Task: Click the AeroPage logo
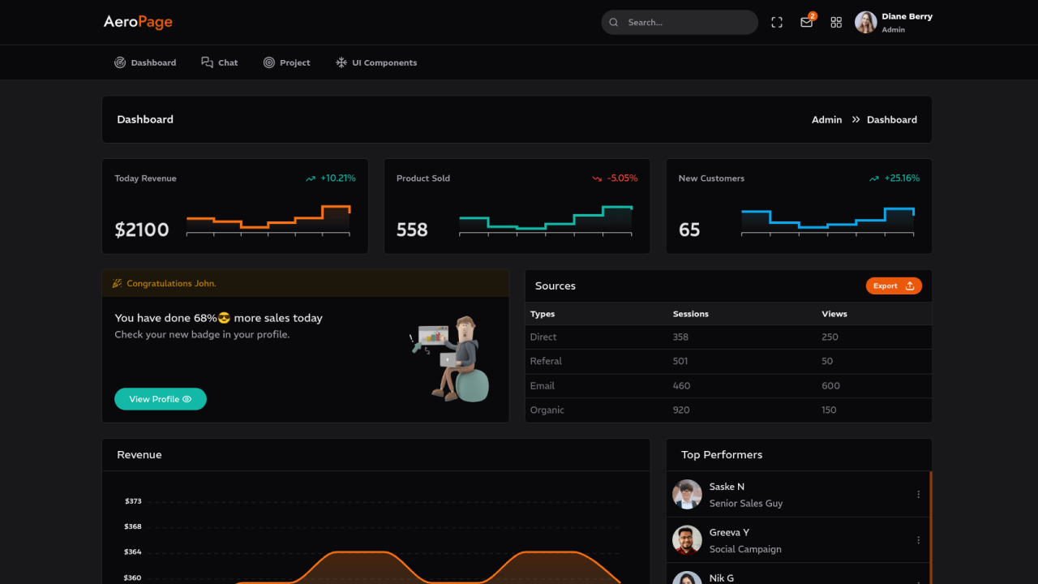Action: [x=138, y=22]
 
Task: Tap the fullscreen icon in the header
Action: [x=777, y=23]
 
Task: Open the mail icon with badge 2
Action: [x=806, y=23]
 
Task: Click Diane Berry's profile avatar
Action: [x=865, y=23]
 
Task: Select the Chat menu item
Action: [x=220, y=62]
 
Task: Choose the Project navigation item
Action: [x=287, y=62]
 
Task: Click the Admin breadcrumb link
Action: [x=826, y=120]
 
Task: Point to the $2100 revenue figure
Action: [x=142, y=230]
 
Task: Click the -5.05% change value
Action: [x=622, y=178]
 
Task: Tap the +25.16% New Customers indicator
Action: [x=902, y=178]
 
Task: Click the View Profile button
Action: [x=161, y=399]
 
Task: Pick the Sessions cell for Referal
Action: [x=680, y=361]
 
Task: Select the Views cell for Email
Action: [x=830, y=385]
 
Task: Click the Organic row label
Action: [x=547, y=410]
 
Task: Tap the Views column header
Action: [x=834, y=314]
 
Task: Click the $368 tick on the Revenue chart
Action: [x=133, y=526]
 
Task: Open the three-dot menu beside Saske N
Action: [x=918, y=494]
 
